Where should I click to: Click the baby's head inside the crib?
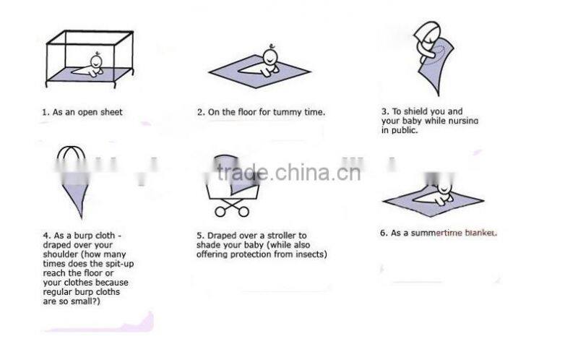(x=97, y=61)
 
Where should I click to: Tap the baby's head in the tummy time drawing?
(x=270, y=56)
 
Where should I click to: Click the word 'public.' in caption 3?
(x=405, y=131)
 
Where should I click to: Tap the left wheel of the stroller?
(x=220, y=212)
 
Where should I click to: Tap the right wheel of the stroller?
(x=243, y=212)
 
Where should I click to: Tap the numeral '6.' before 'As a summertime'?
(x=384, y=233)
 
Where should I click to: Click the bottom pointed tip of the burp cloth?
(x=82, y=218)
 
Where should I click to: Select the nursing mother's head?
(x=428, y=34)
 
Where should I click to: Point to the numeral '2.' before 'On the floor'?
(x=201, y=113)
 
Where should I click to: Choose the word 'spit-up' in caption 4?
(x=119, y=264)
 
